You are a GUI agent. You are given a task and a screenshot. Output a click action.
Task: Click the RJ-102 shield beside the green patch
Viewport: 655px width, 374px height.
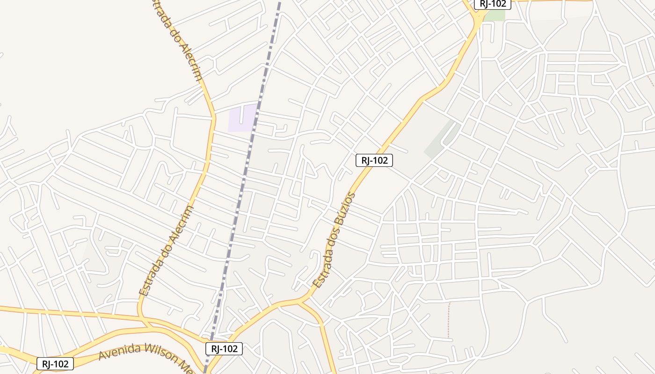pyautogui.click(x=493, y=4)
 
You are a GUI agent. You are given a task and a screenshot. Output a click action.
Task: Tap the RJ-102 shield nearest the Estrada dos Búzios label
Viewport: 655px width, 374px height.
pyautogui.click(x=374, y=160)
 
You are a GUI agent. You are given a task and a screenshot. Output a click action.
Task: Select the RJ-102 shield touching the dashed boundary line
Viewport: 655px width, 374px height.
pyautogui.click(x=224, y=348)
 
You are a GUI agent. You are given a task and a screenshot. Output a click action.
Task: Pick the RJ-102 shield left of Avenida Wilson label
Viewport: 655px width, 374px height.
pyautogui.click(x=55, y=364)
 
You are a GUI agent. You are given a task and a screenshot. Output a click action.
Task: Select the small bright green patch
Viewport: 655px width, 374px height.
pyautogui.click(x=495, y=15)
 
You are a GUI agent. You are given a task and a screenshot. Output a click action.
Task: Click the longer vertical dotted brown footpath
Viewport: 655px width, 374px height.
pyautogui.click(x=449, y=320)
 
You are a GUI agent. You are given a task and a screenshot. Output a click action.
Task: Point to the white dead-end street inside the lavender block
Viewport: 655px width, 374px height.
pyautogui.click(x=241, y=114)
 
